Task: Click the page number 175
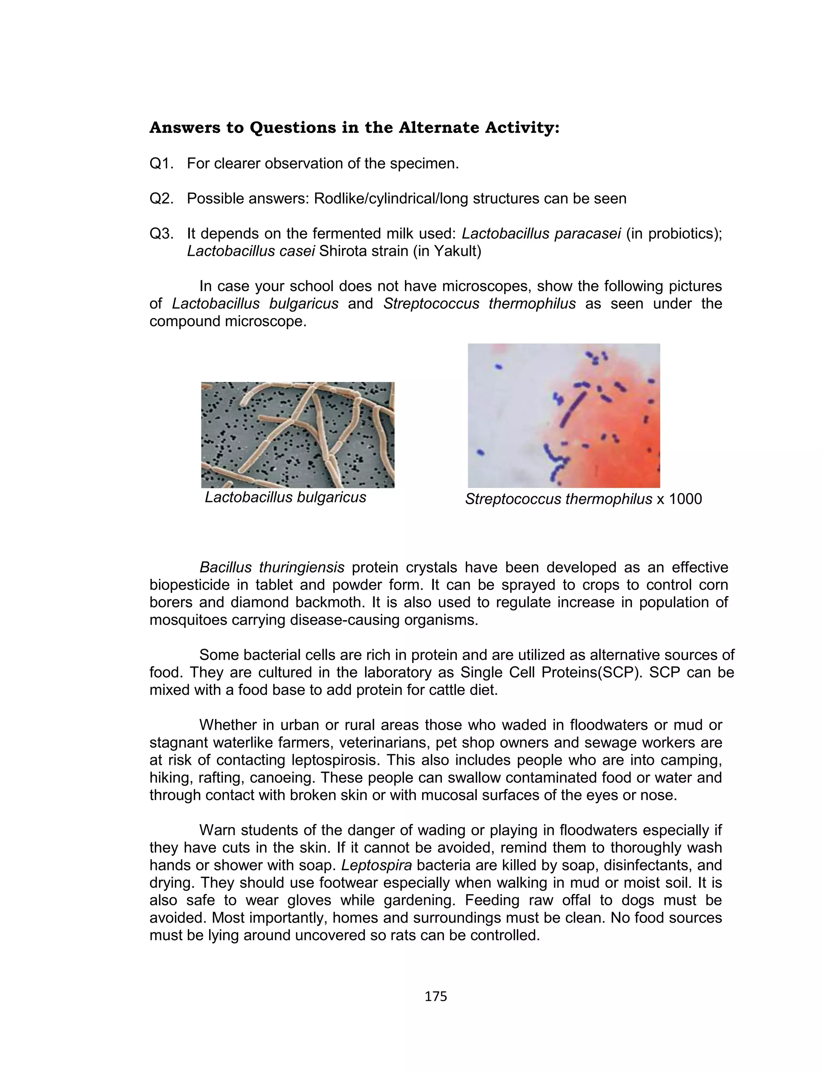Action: point(435,996)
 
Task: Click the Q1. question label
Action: point(161,163)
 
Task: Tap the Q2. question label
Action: point(161,199)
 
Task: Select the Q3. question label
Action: point(161,234)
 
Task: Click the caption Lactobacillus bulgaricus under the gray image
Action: point(285,497)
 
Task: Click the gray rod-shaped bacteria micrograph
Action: point(297,435)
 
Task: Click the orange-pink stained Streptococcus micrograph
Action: point(564,416)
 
